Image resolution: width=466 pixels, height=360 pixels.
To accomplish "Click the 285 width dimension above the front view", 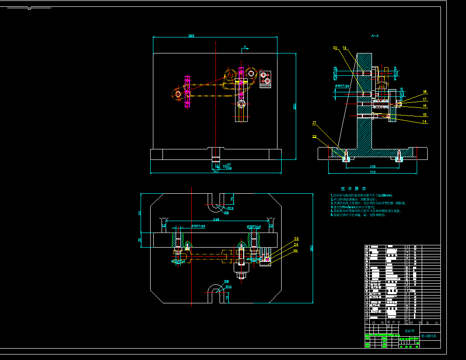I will point(191,36).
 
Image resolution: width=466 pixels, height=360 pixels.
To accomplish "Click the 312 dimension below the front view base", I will point(216,172).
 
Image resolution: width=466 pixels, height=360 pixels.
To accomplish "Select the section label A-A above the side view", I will point(375,35).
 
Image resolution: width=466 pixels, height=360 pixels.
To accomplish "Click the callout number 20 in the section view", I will point(335,48).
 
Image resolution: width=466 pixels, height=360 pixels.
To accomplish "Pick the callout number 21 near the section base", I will point(314,122).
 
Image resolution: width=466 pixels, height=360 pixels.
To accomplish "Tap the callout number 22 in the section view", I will point(314,137).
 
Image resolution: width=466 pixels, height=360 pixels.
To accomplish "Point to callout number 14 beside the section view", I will point(424,122).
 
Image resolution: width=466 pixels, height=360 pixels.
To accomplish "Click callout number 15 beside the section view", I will point(424,115).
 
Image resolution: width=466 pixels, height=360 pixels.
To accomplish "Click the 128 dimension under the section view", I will point(372,167).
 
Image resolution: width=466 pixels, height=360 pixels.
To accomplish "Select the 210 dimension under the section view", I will point(372,172).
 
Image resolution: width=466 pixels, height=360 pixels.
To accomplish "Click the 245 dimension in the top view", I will point(216,219).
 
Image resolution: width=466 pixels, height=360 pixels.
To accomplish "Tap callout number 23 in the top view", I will point(296,239).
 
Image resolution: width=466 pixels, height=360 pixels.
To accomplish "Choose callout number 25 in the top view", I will point(296,251).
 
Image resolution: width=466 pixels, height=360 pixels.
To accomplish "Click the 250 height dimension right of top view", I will point(312,248).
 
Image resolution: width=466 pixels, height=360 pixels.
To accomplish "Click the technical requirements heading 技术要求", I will point(353,189).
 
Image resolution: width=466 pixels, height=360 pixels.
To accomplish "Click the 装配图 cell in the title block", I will point(409,330).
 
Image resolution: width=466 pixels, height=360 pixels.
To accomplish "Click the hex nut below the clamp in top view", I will point(241,275).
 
